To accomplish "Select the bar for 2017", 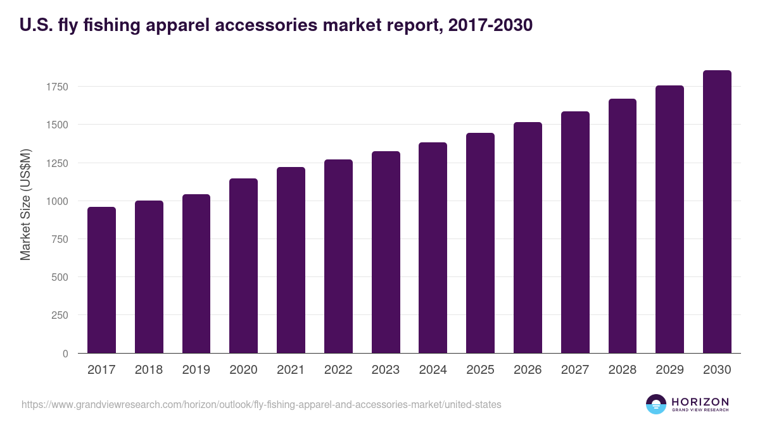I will pyautogui.click(x=101, y=280).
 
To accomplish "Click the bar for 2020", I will pyautogui.click(x=243, y=266).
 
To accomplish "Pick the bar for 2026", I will pyautogui.click(x=528, y=237).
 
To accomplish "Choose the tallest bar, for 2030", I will pyautogui.click(x=717, y=211).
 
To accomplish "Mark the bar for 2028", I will pyautogui.click(x=623, y=226).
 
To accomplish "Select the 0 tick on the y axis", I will pyautogui.click(x=65, y=354).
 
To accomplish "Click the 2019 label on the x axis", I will pyautogui.click(x=196, y=370).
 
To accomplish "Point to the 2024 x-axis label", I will pyautogui.click(x=433, y=370).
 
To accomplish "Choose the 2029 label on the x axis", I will pyautogui.click(x=669, y=370).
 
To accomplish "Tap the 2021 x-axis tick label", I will pyautogui.click(x=291, y=370).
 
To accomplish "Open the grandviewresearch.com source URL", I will pyautogui.click(x=261, y=404).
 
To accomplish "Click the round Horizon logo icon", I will pyautogui.click(x=656, y=404).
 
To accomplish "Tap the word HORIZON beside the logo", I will pyautogui.click(x=700, y=402).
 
